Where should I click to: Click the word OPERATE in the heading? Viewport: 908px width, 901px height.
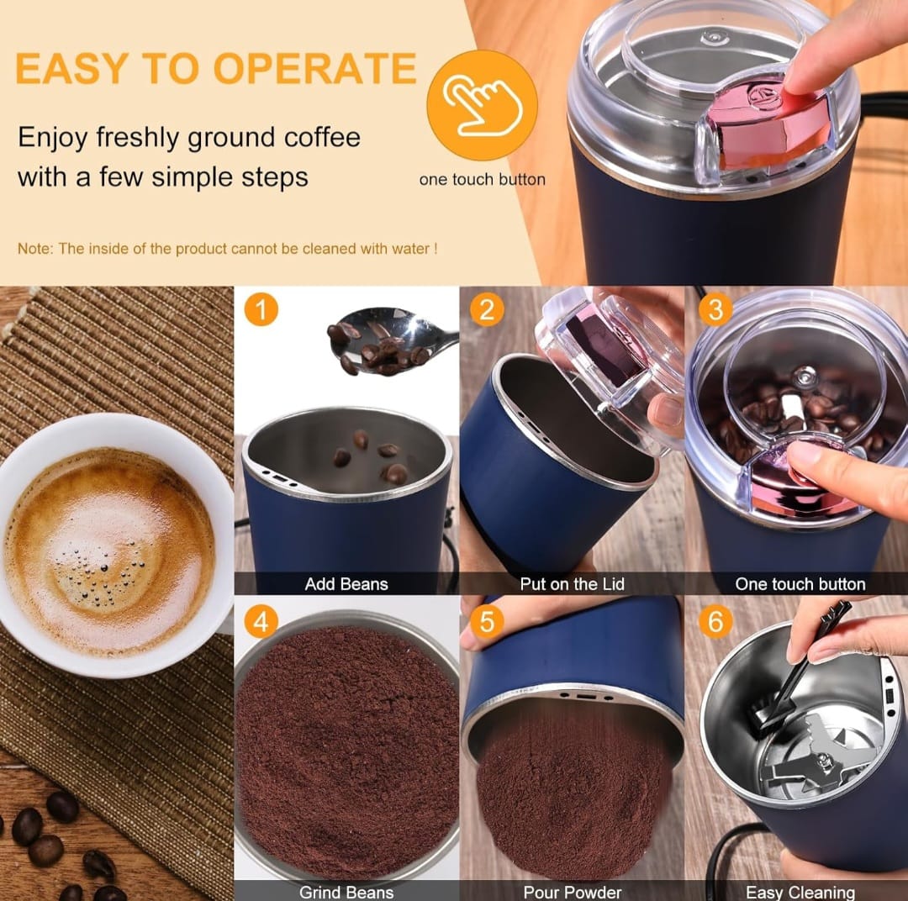click(315, 68)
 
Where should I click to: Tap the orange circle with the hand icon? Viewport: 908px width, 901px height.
click(482, 105)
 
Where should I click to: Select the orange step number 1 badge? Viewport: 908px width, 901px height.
click(261, 310)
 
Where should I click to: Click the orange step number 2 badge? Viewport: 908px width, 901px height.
click(487, 310)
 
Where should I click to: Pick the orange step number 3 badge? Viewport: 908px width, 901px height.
click(715, 310)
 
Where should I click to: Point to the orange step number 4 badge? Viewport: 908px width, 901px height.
click(261, 622)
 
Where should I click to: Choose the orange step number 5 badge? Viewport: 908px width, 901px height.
click(487, 622)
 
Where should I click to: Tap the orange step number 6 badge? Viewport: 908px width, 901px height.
click(715, 622)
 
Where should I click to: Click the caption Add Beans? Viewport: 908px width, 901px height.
click(346, 583)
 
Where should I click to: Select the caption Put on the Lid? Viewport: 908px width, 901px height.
click(573, 583)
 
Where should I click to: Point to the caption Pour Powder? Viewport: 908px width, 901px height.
click(573, 893)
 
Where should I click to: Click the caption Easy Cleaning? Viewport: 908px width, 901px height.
click(800, 893)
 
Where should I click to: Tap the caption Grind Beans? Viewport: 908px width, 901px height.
click(346, 893)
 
